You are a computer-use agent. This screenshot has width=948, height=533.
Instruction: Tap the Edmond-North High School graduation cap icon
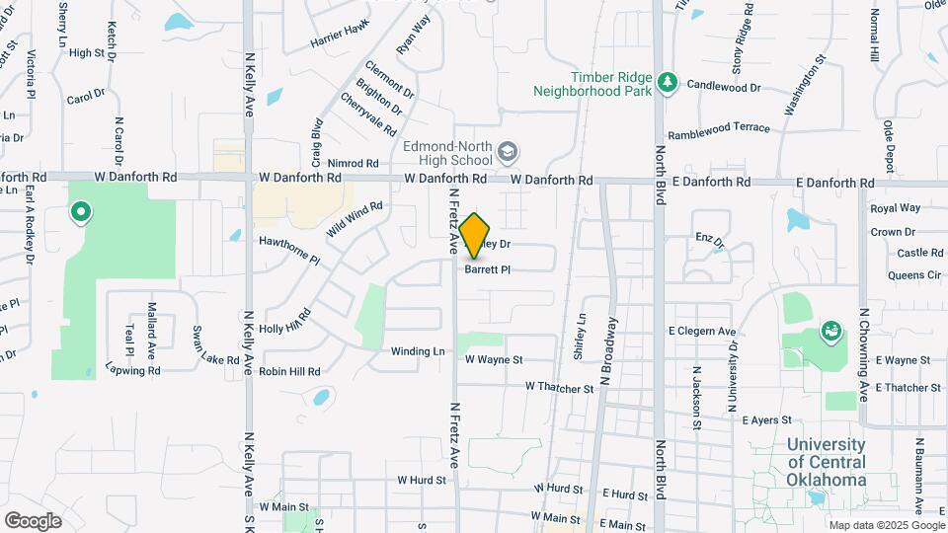pyautogui.click(x=508, y=151)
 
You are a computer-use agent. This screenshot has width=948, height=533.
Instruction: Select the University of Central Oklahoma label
pyautogui.click(x=826, y=462)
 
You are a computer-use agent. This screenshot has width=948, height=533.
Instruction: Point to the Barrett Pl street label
pyautogui.click(x=487, y=268)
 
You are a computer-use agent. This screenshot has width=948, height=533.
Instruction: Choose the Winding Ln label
pyautogui.click(x=418, y=351)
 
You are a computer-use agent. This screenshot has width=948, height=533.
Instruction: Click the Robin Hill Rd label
pyautogui.click(x=290, y=372)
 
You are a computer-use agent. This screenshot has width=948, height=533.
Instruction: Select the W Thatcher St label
pyautogui.click(x=559, y=388)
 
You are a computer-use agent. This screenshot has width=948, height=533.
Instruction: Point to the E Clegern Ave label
pyautogui.click(x=702, y=332)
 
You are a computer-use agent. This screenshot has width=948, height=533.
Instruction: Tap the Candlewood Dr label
pyautogui.click(x=724, y=87)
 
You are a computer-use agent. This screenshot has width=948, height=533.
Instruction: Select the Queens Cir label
pyautogui.click(x=914, y=276)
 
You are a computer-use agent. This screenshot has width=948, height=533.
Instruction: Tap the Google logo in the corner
pyautogui.click(x=33, y=520)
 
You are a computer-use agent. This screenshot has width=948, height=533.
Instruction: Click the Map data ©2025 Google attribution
pyautogui.click(x=885, y=525)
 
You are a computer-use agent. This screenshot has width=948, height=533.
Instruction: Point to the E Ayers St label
pyautogui.click(x=767, y=420)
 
